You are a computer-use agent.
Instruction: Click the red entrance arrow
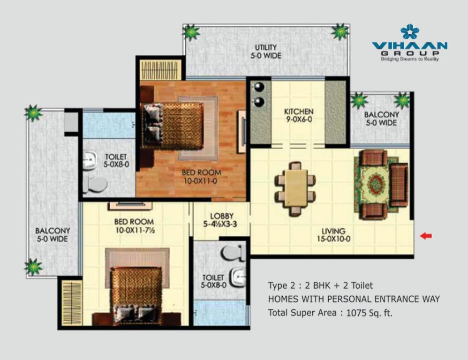(x=426, y=236)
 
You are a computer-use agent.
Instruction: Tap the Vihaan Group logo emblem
(x=409, y=32)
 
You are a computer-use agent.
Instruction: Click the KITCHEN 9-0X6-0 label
(x=298, y=115)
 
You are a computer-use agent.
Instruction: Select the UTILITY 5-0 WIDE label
(x=265, y=52)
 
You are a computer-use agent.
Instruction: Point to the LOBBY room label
(x=221, y=220)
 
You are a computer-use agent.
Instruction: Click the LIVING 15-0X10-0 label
(x=333, y=235)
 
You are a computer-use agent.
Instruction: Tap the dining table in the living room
(x=295, y=188)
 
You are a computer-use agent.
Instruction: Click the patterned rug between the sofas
(x=376, y=185)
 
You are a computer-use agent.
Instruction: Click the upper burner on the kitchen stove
(x=259, y=87)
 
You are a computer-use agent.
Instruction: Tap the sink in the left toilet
(x=89, y=161)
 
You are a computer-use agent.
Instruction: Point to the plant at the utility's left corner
(x=191, y=32)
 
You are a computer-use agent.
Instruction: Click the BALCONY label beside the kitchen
(x=381, y=119)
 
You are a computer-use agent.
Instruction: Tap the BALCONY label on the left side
(x=53, y=235)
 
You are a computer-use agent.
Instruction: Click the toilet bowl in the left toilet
(x=95, y=184)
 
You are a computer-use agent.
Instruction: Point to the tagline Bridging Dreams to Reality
(x=409, y=59)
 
